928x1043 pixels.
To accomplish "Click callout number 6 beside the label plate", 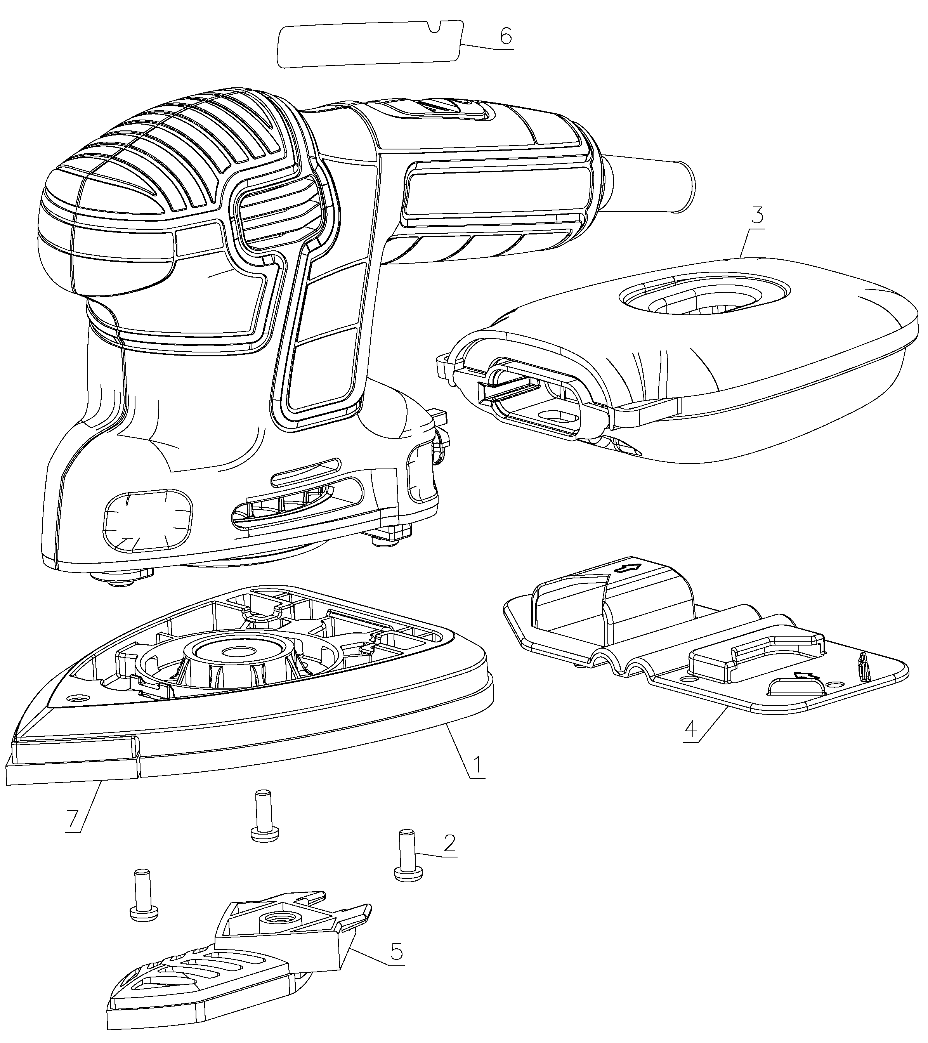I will [505, 37].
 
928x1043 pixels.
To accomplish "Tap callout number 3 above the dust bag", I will [757, 216].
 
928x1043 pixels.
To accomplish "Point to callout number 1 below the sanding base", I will [477, 779].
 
